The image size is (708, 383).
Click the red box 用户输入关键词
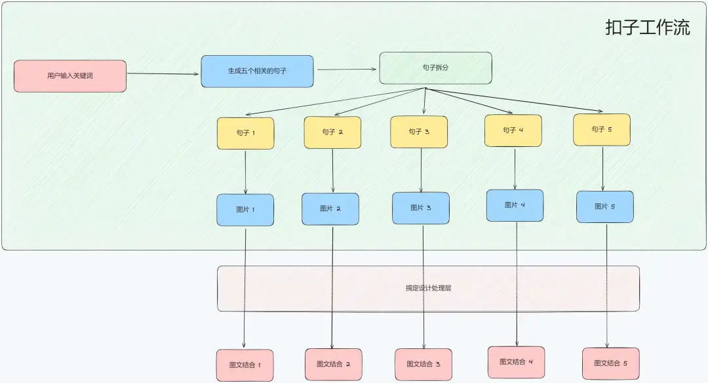point(70,76)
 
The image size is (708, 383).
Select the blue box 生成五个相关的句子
point(257,71)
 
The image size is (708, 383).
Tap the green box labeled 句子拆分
point(436,68)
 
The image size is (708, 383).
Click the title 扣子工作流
point(648,28)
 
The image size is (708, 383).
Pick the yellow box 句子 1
point(246,133)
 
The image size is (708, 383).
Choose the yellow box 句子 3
point(419,132)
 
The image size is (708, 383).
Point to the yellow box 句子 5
point(602,130)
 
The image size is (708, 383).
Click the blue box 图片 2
point(330,209)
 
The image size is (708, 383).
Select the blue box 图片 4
point(515,205)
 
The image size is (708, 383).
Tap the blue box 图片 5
point(605,207)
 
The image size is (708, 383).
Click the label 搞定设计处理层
point(429,288)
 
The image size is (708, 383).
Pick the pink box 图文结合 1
point(245,365)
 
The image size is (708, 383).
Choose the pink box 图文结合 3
point(423,365)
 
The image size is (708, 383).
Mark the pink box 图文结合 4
point(516,362)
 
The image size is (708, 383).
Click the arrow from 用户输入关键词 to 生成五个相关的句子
point(163,73)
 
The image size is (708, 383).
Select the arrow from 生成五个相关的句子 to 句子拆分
point(347,70)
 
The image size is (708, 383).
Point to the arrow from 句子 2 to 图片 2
point(333,171)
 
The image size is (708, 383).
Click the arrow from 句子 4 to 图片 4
point(515,169)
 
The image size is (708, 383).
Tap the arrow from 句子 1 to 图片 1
point(246,172)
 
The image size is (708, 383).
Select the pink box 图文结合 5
point(611,363)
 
